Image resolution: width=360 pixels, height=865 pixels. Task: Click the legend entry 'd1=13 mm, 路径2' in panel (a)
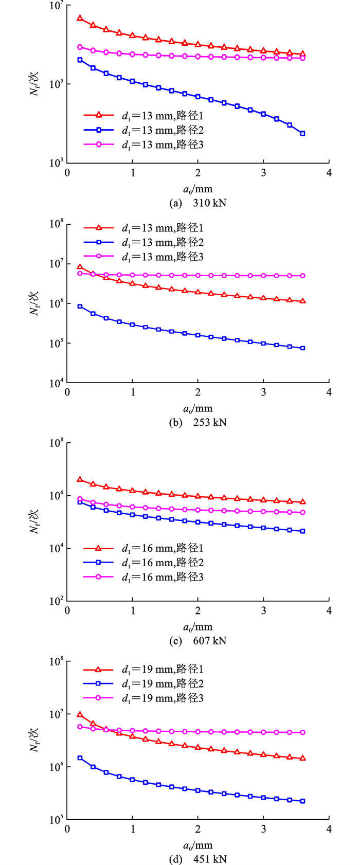pyautogui.click(x=162, y=130)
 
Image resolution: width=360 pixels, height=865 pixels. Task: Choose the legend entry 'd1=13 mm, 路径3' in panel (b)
pyautogui.click(x=162, y=256)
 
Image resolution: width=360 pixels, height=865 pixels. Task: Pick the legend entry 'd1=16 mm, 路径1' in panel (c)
pyautogui.click(x=162, y=548)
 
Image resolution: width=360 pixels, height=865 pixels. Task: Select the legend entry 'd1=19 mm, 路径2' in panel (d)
pyautogui.click(x=162, y=683)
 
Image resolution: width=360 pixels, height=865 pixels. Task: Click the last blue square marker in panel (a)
pyautogui.click(x=302, y=133)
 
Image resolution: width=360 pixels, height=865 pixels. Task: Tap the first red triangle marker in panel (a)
pyautogui.click(x=80, y=18)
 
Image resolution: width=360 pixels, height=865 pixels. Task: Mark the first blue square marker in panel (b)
pyautogui.click(x=80, y=307)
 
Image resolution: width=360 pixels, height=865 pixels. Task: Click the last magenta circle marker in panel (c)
pyautogui.click(x=302, y=512)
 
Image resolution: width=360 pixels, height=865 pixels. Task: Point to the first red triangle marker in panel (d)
pyautogui.click(x=80, y=714)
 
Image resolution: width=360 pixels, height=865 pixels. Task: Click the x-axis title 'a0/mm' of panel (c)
pyautogui.click(x=198, y=627)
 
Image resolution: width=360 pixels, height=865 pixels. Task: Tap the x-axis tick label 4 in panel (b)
pyautogui.click(x=329, y=392)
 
